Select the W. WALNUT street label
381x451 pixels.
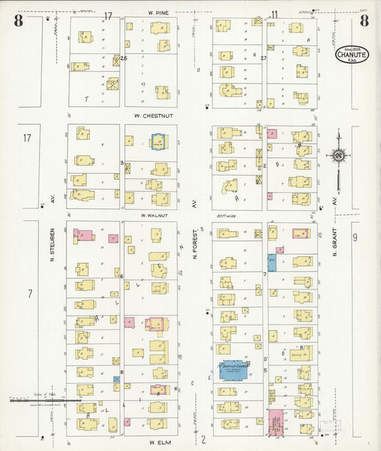coord(154,215)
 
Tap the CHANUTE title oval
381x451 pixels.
coord(352,54)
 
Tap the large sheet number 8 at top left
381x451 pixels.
coord(18,20)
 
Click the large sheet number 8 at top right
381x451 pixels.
coord(365,20)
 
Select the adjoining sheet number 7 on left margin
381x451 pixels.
coord(29,293)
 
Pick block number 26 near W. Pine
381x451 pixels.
coord(124,59)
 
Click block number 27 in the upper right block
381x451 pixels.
coord(264,58)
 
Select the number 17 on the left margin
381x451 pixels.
coord(27,138)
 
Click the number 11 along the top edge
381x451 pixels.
coord(274,14)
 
